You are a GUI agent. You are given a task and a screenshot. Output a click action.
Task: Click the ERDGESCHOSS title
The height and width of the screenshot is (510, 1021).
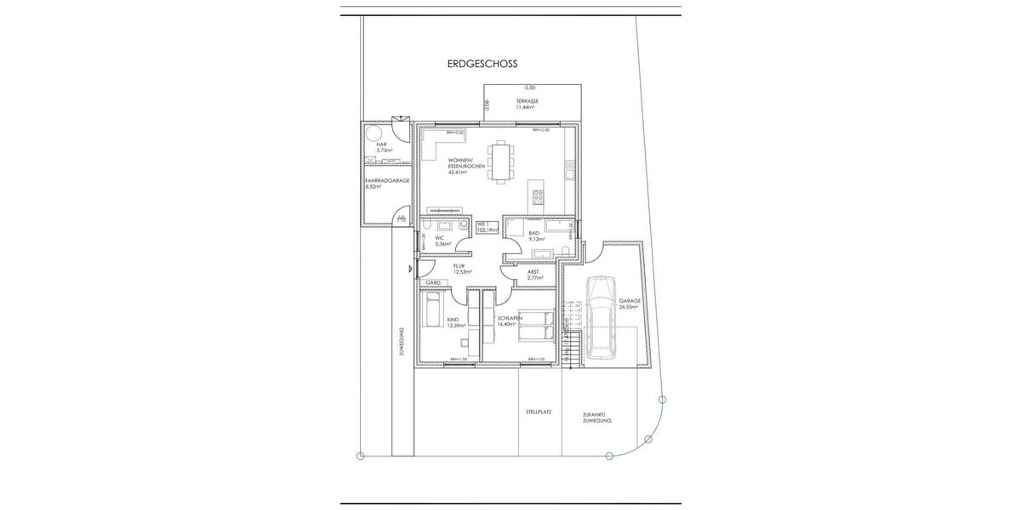[482, 64]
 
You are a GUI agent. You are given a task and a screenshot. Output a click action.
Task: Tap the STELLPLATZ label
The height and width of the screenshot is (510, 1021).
[539, 411]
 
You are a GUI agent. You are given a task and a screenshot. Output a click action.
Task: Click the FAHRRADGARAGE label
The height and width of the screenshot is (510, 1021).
[387, 181]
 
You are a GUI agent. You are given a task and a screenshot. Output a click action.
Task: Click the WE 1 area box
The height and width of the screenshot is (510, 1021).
[487, 227]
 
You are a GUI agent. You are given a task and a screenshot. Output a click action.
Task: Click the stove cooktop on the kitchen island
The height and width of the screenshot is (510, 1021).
[538, 197]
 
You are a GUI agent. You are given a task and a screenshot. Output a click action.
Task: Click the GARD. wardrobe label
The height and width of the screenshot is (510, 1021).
[433, 282]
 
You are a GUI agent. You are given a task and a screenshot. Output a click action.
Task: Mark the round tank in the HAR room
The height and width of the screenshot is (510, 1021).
[372, 133]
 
